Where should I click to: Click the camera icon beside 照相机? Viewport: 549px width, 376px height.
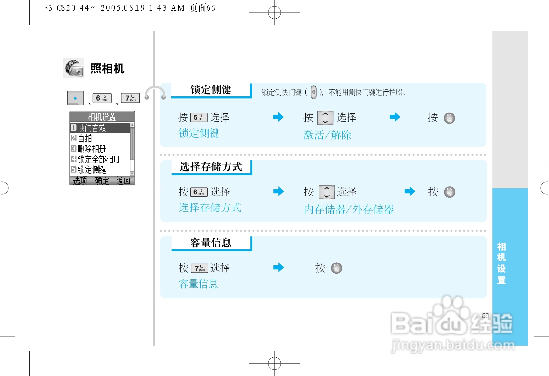click(74, 68)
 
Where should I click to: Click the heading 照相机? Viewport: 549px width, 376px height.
click(107, 69)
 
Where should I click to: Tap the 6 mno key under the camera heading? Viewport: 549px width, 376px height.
click(102, 98)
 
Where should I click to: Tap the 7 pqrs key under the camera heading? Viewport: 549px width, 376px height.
click(130, 98)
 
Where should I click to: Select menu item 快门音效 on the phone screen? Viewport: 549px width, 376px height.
click(92, 128)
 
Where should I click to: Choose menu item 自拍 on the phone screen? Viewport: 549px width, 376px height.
click(85, 138)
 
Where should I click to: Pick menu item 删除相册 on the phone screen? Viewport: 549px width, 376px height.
click(92, 149)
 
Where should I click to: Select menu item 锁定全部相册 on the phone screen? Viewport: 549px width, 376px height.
click(98, 159)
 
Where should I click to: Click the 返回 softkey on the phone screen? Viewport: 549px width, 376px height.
click(123, 181)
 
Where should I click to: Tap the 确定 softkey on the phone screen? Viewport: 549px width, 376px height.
click(102, 181)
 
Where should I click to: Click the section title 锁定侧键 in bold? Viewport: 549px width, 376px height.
click(211, 90)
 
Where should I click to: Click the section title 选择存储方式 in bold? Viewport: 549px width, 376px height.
click(211, 167)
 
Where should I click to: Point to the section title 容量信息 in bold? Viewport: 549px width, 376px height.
click(211, 243)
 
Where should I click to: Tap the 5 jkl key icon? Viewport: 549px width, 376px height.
click(199, 118)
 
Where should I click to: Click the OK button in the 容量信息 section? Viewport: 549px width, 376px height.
click(336, 268)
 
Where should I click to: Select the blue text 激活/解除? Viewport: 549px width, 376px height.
click(327, 135)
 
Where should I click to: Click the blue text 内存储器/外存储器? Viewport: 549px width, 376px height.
click(349, 209)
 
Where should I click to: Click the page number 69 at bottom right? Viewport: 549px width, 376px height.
click(485, 316)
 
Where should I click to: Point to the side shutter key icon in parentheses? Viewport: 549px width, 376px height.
click(313, 92)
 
